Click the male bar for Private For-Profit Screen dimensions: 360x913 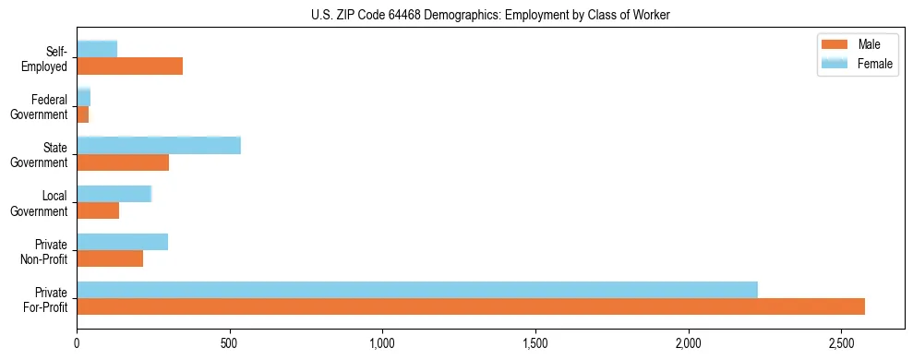(471, 306)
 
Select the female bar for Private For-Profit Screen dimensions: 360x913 (417, 290)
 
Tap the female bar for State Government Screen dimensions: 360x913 (159, 146)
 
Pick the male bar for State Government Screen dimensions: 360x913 (123, 162)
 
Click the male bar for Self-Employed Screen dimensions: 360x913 (129, 66)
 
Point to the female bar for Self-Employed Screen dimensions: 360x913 (97, 49)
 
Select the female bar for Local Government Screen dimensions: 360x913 (114, 194)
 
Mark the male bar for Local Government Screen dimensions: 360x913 (98, 210)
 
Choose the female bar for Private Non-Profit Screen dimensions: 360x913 (123, 242)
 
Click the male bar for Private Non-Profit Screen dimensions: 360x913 (110, 258)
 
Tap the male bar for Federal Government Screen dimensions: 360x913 (83, 114)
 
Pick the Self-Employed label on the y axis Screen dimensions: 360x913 (46, 59)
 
